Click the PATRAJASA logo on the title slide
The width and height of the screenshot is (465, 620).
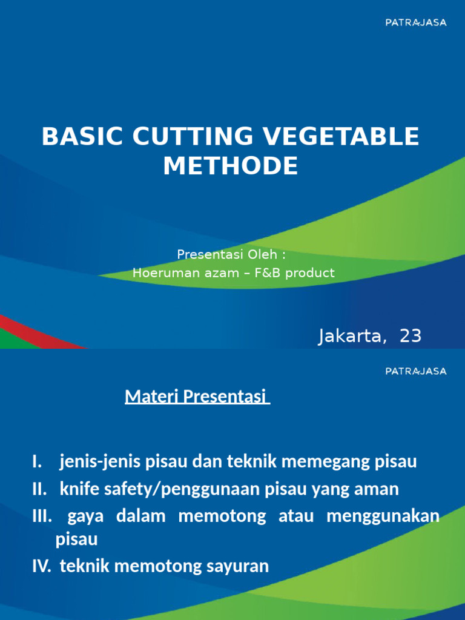pyautogui.click(x=416, y=22)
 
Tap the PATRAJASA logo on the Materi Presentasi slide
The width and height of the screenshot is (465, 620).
pyautogui.click(x=416, y=371)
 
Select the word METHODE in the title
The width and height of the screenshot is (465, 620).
pyautogui.click(x=231, y=166)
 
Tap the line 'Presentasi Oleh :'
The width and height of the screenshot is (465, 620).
pyautogui.click(x=231, y=254)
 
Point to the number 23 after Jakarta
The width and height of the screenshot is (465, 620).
pyautogui.click(x=410, y=336)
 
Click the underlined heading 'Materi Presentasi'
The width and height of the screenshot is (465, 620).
pyautogui.click(x=197, y=397)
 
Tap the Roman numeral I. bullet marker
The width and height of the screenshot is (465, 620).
pyautogui.click(x=37, y=463)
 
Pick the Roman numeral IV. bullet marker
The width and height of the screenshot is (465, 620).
pyautogui.click(x=42, y=567)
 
